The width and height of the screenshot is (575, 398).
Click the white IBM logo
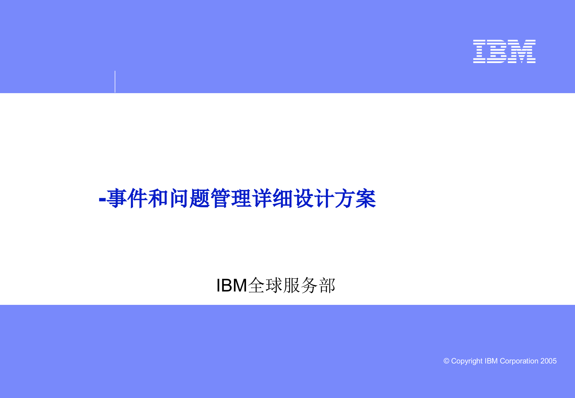(504, 51)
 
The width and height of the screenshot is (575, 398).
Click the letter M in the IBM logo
(522, 51)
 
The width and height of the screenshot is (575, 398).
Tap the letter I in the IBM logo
(479, 51)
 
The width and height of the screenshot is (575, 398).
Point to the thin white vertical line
(115, 82)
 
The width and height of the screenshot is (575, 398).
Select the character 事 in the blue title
(117, 198)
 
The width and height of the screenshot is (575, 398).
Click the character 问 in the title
(180, 198)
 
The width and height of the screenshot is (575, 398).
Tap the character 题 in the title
(200, 198)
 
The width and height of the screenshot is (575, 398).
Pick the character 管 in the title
(221, 198)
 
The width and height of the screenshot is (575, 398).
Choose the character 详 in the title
(262, 198)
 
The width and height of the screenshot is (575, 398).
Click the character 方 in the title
(345, 198)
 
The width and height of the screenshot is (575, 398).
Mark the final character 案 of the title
(366, 198)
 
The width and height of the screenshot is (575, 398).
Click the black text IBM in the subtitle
(232, 286)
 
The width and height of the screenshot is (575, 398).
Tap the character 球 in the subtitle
(274, 286)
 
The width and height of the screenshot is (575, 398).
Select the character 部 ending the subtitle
(327, 286)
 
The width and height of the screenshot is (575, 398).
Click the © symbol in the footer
(446, 361)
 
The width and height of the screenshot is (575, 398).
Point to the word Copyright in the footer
(467, 361)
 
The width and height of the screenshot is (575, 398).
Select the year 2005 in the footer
(548, 361)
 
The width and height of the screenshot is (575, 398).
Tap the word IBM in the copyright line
(491, 361)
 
